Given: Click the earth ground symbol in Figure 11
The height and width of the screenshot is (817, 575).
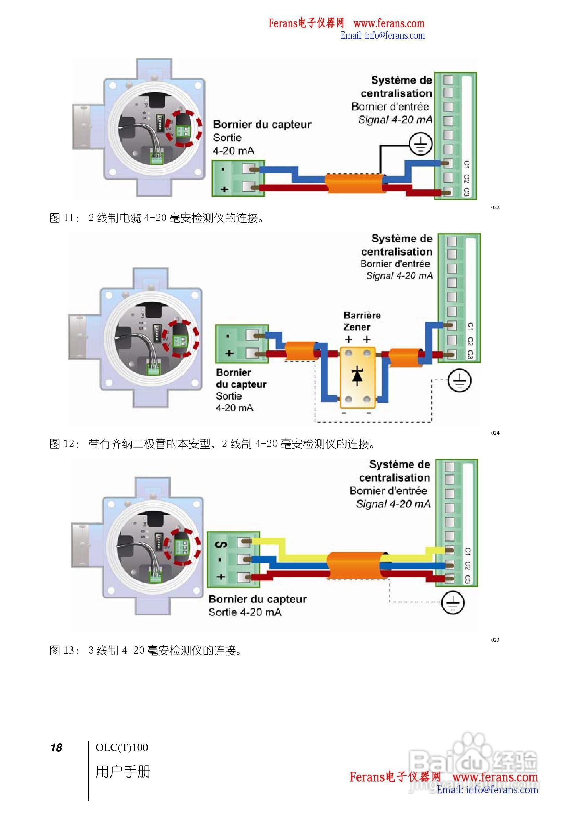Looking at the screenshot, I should tap(421, 144).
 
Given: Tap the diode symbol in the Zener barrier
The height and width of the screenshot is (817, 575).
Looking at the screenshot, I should tap(357, 377).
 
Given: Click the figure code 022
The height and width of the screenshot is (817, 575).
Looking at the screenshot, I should tap(495, 207).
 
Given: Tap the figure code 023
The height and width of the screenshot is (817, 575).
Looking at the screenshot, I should tap(495, 649).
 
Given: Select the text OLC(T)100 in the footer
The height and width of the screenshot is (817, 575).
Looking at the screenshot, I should tap(121, 747).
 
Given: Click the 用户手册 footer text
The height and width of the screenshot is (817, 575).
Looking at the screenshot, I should tap(123, 771).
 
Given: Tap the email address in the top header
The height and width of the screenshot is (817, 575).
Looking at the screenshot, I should tap(383, 36).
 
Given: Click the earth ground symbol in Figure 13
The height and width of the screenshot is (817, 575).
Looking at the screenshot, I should tap(453, 603).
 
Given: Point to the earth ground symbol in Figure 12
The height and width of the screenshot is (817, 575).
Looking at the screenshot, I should tap(459, 380).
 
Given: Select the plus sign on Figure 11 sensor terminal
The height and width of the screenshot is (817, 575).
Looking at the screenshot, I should tap(224, 189).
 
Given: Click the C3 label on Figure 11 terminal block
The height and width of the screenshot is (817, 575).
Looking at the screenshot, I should tap(466, 192).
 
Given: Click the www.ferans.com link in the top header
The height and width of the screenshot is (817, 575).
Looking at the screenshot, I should tap(389, 23).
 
